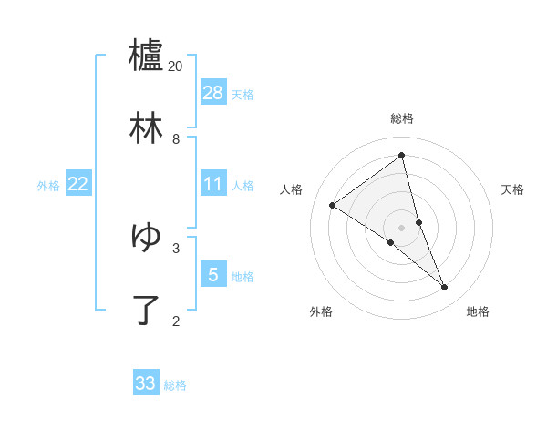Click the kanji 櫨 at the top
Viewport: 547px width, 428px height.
146,56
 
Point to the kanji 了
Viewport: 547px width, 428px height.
146,310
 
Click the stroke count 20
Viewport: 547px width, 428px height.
176,66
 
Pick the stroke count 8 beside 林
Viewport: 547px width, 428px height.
176,139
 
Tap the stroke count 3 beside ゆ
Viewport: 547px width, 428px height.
176,247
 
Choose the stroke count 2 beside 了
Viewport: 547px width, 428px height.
176,321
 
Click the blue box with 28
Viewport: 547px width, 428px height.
213,93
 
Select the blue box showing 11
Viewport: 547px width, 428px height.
213,184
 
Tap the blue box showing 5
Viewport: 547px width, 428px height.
213,274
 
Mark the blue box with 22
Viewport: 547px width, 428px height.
78,184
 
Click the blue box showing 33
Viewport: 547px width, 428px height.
146,383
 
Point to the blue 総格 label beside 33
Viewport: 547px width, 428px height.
175,385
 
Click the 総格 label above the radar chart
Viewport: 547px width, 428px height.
402,118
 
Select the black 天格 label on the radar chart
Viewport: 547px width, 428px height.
512,189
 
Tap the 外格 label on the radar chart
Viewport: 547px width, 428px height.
321,311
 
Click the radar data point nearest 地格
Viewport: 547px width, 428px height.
445,288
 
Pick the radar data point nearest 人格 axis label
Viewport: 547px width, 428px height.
333,205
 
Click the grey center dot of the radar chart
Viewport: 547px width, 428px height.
402,227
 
